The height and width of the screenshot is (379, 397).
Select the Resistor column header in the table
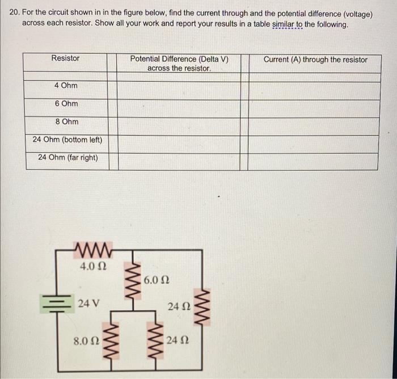[x=66, y=58]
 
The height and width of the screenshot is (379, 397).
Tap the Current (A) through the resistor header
[x=315, y=60]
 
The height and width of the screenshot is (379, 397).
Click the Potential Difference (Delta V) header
[x=179, y=63]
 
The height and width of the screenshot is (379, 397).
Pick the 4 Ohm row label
[x=66, y=86]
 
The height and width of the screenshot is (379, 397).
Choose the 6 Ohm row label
[x=67, y=104]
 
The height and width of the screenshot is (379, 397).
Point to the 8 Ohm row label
[x=67, y=122]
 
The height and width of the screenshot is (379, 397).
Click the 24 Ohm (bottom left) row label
[x=67, y=140]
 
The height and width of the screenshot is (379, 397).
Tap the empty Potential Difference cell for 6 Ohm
[x=179, y=108]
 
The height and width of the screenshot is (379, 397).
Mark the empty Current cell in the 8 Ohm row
[x=315, y=126]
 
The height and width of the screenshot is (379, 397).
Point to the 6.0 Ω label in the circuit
[x=157, y=280]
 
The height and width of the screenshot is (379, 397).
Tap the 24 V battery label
[x=89, y=303]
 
